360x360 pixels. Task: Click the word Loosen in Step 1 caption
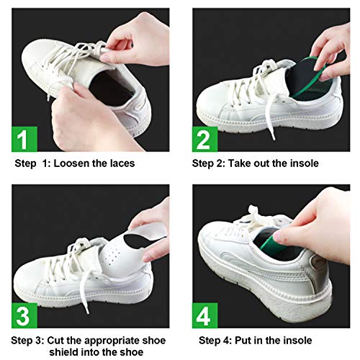[x=74, y=163]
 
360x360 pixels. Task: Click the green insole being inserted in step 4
[x=274, y=241]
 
